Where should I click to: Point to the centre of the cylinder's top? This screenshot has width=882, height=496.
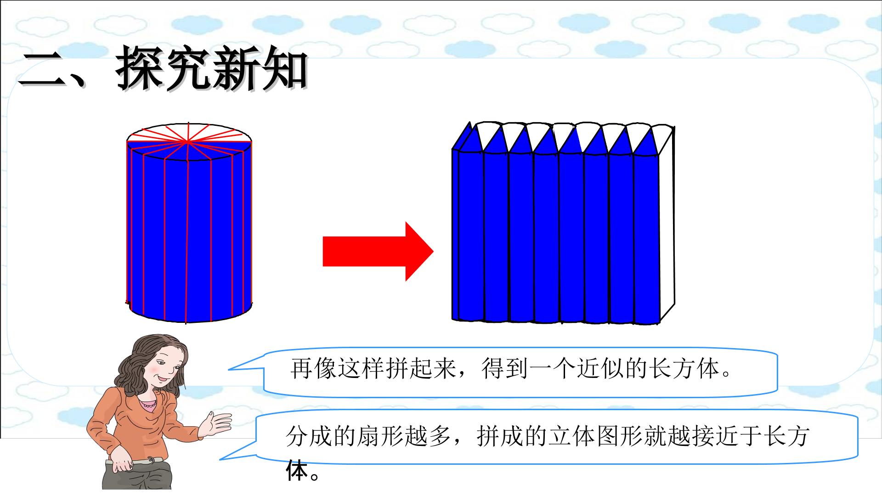click(188, 142)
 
